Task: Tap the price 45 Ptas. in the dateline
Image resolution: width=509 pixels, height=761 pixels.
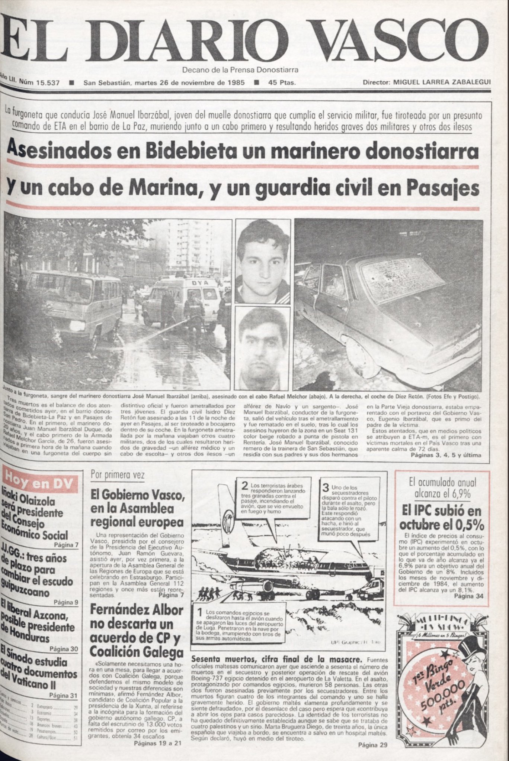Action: click(x=282, y=82)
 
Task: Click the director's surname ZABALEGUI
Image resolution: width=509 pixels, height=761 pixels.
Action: click(x=470, y=82)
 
